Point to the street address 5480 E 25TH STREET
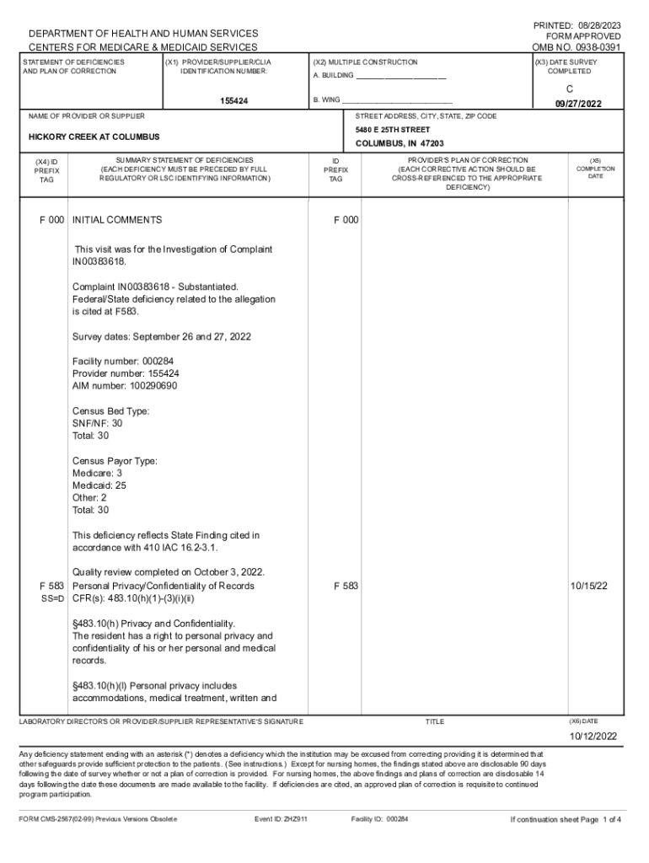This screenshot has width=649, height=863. (x=393, y=130)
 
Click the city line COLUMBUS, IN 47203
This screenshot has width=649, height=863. (x=400, y=144)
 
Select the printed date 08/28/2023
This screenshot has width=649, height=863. (x=596, y=26)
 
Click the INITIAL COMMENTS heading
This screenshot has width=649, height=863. (x=117, y=220)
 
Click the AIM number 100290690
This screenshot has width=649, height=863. (x=125, y=386)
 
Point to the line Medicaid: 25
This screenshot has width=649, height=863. (x=99, y=485)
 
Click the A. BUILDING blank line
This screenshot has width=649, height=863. (x=401, y=78)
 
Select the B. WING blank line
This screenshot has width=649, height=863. (x=393, y=100)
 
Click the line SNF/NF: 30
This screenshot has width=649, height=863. (x=98, y=423)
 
